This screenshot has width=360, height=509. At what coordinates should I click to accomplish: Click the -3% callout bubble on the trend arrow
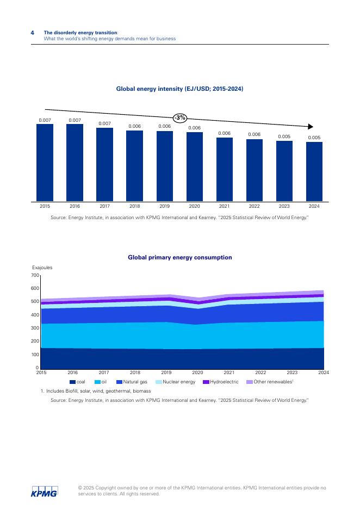point(180,117)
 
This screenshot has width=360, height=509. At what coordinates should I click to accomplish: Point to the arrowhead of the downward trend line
point(311,126)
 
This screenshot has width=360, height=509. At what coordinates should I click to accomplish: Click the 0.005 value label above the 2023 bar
point(284,136)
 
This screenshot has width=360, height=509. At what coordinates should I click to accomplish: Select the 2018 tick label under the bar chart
point(134,206)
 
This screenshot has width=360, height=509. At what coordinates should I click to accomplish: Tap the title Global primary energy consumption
point(179,257)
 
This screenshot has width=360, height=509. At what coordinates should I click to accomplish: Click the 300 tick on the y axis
point(36,328)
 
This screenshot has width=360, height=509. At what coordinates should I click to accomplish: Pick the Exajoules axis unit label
point(42,268)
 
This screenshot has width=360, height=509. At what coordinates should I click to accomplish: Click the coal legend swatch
point(72,382)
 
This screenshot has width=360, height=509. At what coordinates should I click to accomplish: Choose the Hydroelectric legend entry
point(221,382)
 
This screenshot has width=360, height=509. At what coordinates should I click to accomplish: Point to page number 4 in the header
point(32,33)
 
